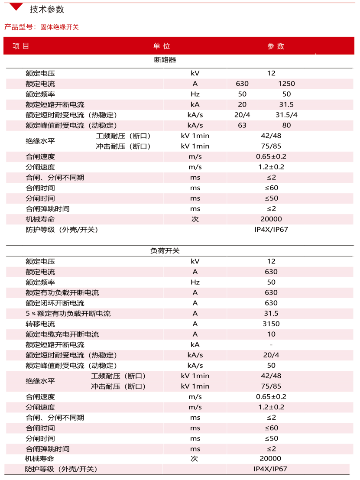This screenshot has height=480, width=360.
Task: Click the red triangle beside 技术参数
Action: pos(16,6)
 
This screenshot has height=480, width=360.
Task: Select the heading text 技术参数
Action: pos(47,9)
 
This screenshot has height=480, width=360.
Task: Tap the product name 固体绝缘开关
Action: pos(60,27)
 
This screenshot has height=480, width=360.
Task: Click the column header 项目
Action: pos(21,46)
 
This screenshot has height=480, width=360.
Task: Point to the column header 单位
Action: pos(161,46)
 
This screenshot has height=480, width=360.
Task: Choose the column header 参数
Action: pos(276,46)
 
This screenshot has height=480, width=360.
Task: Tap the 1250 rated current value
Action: pos(286,83)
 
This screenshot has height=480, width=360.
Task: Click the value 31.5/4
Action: pos(286,115)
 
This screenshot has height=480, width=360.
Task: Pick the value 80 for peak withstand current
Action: pos(286,125)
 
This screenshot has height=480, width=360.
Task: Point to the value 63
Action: pos(242,125)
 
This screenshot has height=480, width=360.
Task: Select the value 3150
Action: pos(271,324)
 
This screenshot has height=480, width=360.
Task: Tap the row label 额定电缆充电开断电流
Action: pos(62,334)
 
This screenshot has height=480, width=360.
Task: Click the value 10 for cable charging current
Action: pos(271,334)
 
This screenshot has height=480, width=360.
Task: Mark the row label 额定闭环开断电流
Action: pos(55,303)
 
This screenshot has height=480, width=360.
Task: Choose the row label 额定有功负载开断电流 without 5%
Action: pos(62,292)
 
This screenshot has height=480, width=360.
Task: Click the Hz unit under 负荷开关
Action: pos(195,282)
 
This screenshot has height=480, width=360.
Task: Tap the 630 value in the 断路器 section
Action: pos(242,83)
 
